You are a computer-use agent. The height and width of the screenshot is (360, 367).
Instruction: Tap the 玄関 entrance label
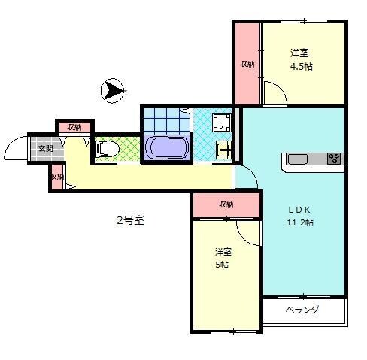pyautogui.click(x=46, y=148)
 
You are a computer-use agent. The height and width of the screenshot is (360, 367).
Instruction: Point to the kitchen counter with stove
pyautogui.click(x=313, y=159)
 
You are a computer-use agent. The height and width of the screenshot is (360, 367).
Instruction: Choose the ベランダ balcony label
pyautogui.click(x=302, y=310)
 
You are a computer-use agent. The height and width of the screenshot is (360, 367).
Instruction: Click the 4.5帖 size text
pyautogui.click(x=302, y=66)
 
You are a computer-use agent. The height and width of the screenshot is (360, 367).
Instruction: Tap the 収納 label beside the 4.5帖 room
pyautogui.click(x=247, y=64)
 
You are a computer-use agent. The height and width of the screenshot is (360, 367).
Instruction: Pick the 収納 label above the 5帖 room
pyautogui.click(x=226, y=204)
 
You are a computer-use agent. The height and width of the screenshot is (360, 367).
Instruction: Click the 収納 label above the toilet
pyautogui.click(x=74, y=127)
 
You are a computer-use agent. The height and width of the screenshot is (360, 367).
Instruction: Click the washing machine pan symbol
pyautogui.click(x=222, y=123)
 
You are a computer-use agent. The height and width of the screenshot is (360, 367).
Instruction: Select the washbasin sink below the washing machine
pyautogui.click(x=223, y=149)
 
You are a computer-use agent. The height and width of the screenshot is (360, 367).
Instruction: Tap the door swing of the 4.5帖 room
pyautogui.click(x=276, y=95)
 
